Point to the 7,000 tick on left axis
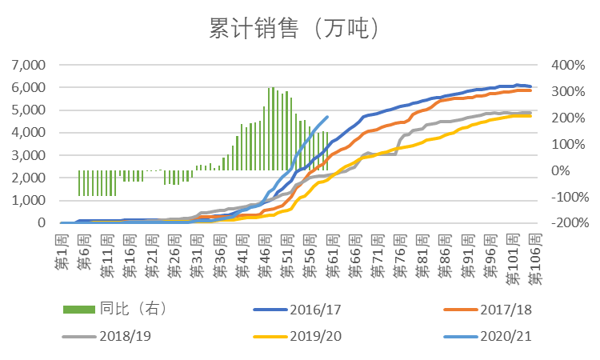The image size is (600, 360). pyautogui.click(x=27, y=65)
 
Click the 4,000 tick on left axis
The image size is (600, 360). pyautogui.click(x=27, y=133)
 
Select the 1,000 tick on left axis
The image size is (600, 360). pyautogui.click(x=27, y=201)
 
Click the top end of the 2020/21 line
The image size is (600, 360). pyautogui.click(x=327, y=117)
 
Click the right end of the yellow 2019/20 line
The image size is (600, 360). pyautogui.click(x=530, y=116)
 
